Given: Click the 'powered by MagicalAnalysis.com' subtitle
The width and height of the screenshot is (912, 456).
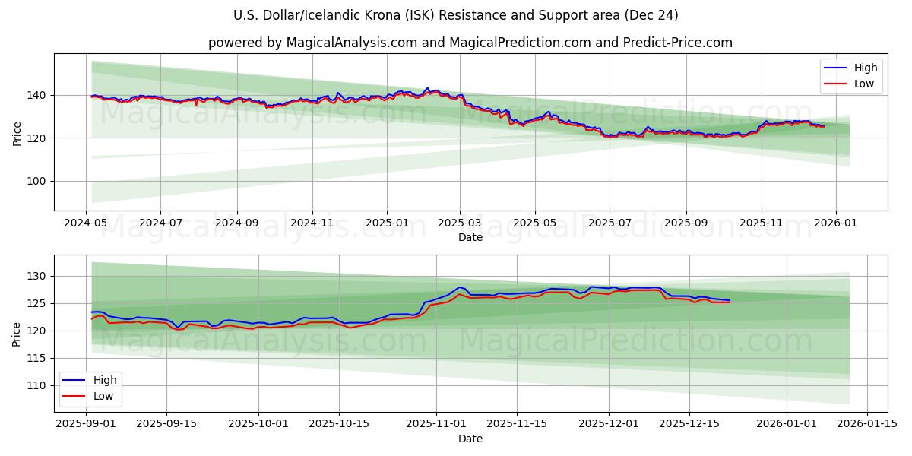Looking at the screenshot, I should coord(470,43).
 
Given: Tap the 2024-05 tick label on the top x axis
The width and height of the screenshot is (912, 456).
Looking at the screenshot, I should coord(86,223).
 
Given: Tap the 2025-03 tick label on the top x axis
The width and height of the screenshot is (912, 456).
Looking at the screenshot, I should coord(460,223).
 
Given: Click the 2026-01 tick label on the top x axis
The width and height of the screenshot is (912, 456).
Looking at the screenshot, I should coord(836,223).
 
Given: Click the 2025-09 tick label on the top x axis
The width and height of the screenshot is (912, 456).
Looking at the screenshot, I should coord(686,223).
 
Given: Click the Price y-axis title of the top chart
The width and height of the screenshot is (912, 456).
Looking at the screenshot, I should coord(17,132).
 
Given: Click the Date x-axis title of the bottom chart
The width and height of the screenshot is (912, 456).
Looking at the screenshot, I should coord(470,439).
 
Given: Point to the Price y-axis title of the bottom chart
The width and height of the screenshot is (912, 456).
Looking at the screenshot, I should coord(17,334).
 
